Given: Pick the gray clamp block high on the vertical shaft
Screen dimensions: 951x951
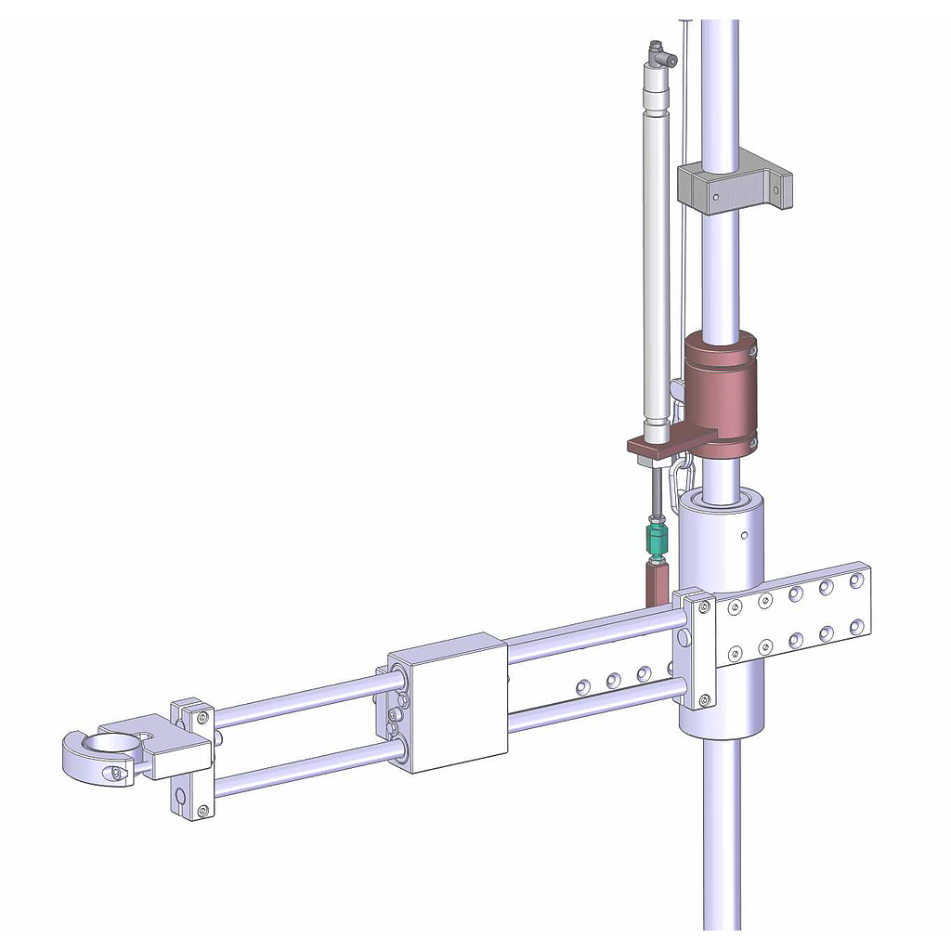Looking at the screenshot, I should click(734, 189).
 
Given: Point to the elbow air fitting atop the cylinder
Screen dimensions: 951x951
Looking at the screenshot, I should click(660, 57).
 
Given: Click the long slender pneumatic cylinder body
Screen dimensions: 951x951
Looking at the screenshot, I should click(656, 260).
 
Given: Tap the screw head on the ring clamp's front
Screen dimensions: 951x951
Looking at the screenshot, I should click(115, 773).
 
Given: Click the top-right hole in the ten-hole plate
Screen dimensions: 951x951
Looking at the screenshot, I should click(855, 582).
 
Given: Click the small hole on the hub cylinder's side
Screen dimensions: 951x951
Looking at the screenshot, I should click(744, 535).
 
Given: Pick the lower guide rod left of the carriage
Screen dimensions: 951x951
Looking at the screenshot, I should click(306, 766).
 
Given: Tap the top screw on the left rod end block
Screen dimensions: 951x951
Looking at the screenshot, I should click(198, 716).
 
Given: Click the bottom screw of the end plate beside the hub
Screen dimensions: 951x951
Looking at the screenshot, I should click(703, 699).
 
